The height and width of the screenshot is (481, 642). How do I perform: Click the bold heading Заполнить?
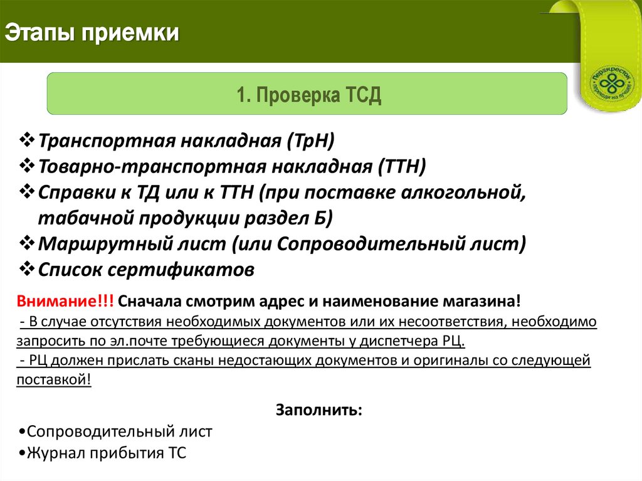tap(318, 411)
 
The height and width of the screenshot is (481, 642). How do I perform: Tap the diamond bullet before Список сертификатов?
tap(27, 269)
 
